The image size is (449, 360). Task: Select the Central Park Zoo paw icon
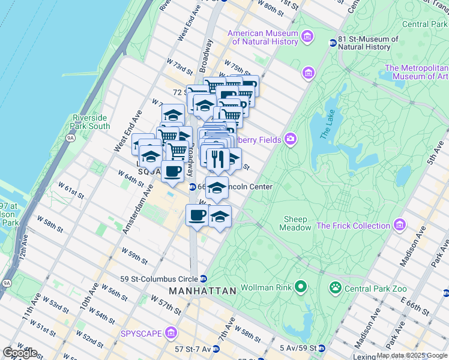335,289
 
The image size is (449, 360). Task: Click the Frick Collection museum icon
399,226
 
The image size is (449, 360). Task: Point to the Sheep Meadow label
295,223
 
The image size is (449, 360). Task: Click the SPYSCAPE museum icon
172,332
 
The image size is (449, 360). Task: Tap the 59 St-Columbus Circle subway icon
203,278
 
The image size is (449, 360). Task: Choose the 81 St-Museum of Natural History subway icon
333,43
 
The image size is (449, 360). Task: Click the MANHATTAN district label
202,291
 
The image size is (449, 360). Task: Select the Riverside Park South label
90,122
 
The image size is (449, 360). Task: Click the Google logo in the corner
20,353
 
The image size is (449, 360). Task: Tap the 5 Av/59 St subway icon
322,348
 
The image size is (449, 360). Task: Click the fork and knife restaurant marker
216,159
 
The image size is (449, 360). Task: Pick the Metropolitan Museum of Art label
416,72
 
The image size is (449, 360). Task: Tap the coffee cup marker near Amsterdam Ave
172,170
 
